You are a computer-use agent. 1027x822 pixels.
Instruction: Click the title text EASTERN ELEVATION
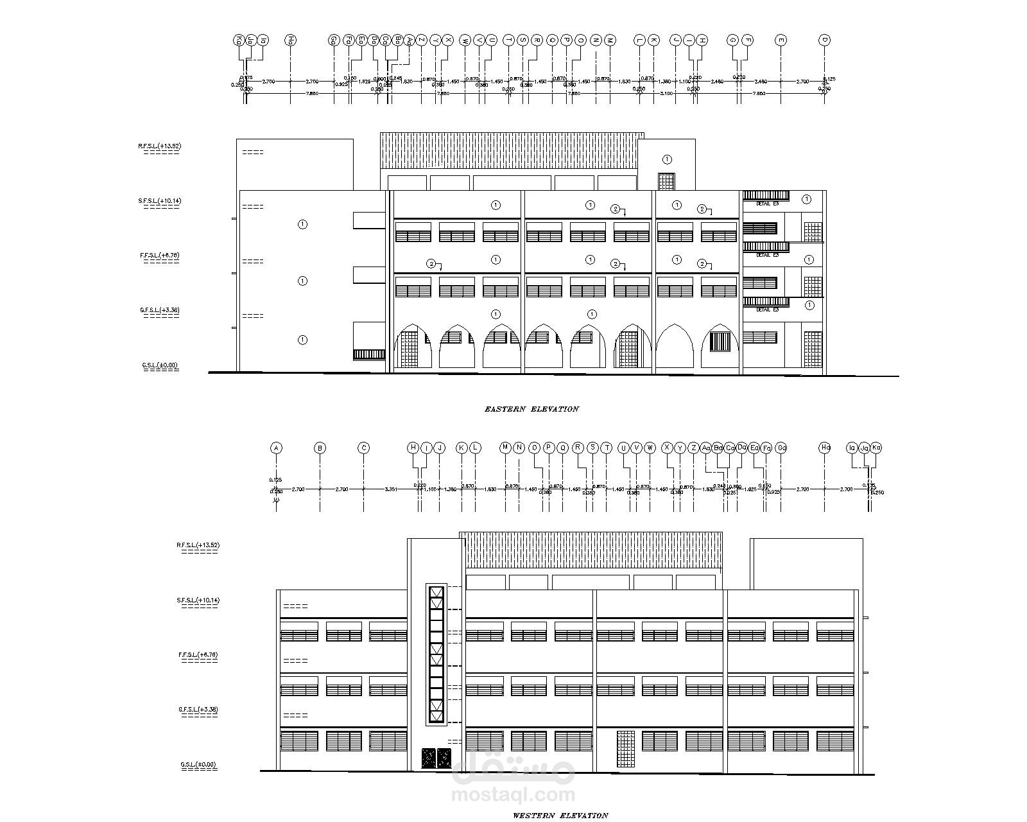[x=531, y=409]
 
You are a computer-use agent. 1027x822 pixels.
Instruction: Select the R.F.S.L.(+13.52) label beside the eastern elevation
[x=159, y=146]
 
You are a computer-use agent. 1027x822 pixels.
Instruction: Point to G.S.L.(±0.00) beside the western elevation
[x=198, y=765]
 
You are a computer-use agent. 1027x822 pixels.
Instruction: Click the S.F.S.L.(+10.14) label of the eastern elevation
[x=159, y=201]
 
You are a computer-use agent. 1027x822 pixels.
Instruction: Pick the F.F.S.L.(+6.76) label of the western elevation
[x=198, y=655]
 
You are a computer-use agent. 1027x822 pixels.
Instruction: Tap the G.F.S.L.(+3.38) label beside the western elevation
[x=198, y=710]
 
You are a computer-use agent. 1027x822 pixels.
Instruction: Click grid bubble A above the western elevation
[x=276, y=448]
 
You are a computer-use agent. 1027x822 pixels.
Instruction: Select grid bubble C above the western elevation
[x=363, y=448]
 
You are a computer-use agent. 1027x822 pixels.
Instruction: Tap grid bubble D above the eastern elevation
[x=825, y=40]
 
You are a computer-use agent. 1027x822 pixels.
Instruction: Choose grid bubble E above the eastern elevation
[x=781, y=40]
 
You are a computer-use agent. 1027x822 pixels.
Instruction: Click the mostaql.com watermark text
[x=513, y=795]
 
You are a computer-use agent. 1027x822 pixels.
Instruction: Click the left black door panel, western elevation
[x=427, y=758]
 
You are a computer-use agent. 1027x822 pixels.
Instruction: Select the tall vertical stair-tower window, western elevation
[x=436, y=655]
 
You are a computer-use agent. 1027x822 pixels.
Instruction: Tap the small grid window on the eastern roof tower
[x=666, y=181]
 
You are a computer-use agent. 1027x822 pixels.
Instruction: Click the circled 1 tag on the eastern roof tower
[x=667, y=159]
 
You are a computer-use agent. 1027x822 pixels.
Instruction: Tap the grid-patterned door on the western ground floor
[x=625, y=749]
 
